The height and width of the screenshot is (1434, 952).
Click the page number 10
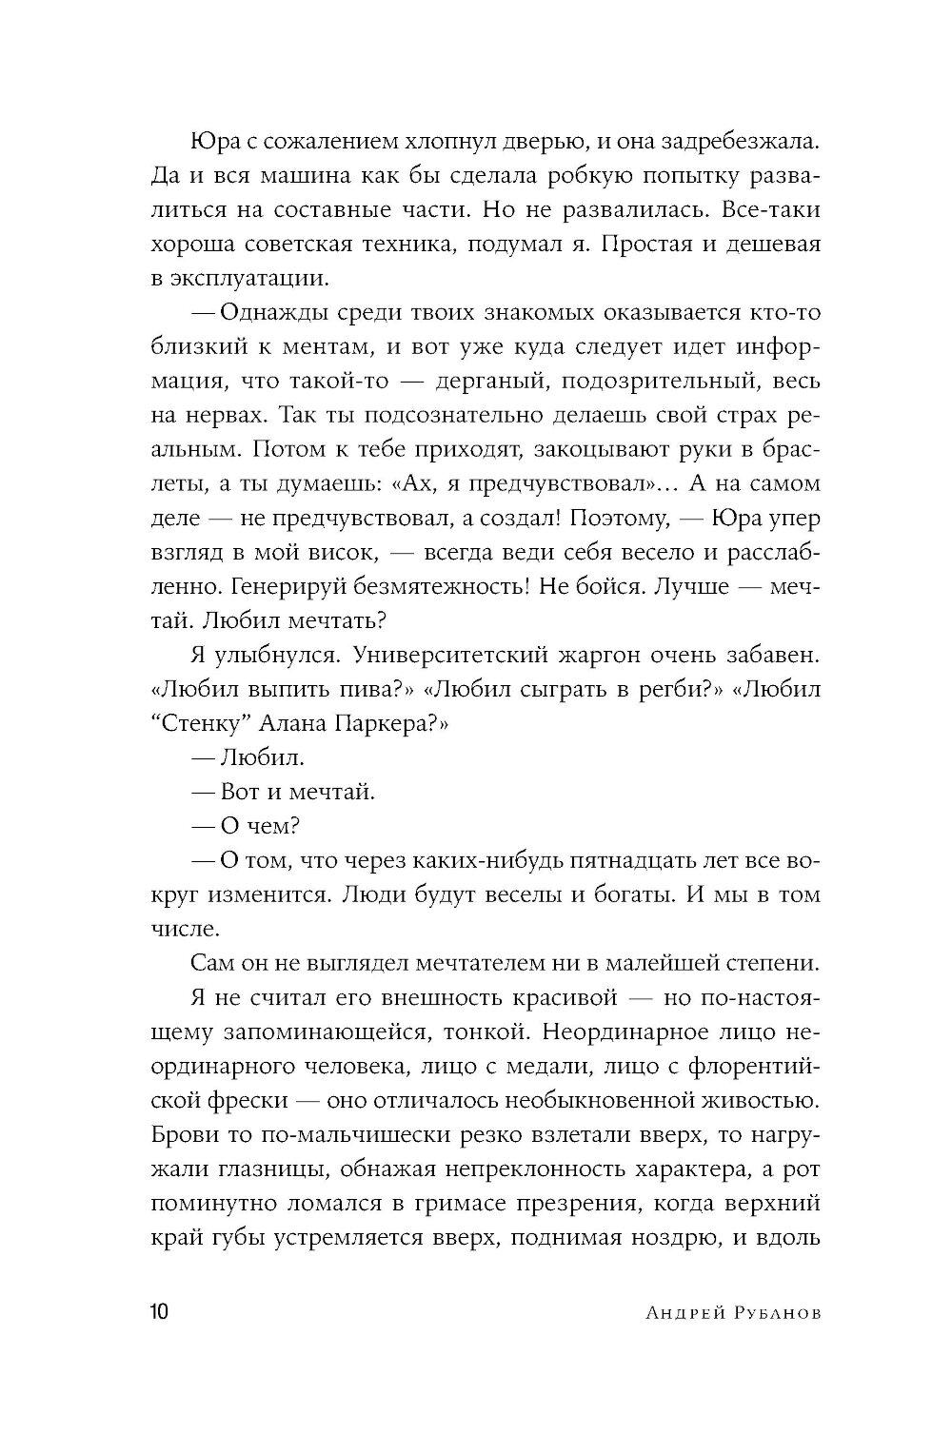click(x=158, y=1313)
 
